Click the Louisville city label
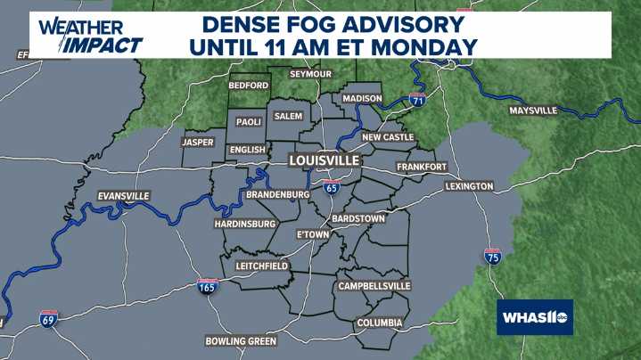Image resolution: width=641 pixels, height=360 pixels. point(324,160)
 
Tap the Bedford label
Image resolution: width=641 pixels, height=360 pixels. point(249,86)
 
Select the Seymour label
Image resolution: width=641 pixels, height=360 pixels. point(310,73)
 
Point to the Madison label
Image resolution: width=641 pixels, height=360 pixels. point(363,98)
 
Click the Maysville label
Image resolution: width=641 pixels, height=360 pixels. point(533,110)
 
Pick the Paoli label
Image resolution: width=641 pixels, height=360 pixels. point(248,122)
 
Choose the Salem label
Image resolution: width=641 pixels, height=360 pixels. point(288,117)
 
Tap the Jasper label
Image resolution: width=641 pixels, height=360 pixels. point(198,142)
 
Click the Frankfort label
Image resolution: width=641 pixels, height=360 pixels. point(422,167)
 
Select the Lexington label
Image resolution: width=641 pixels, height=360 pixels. point(469,186)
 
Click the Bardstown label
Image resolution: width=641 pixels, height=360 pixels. point(357,218)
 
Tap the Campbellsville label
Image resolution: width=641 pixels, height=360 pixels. point(374,286)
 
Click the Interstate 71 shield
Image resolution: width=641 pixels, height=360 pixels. point(415,101)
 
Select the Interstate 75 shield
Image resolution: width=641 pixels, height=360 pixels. point(492,256)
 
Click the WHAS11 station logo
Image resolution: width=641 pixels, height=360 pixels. point(534,317)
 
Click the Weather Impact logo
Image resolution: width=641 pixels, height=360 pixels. point(90,36)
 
